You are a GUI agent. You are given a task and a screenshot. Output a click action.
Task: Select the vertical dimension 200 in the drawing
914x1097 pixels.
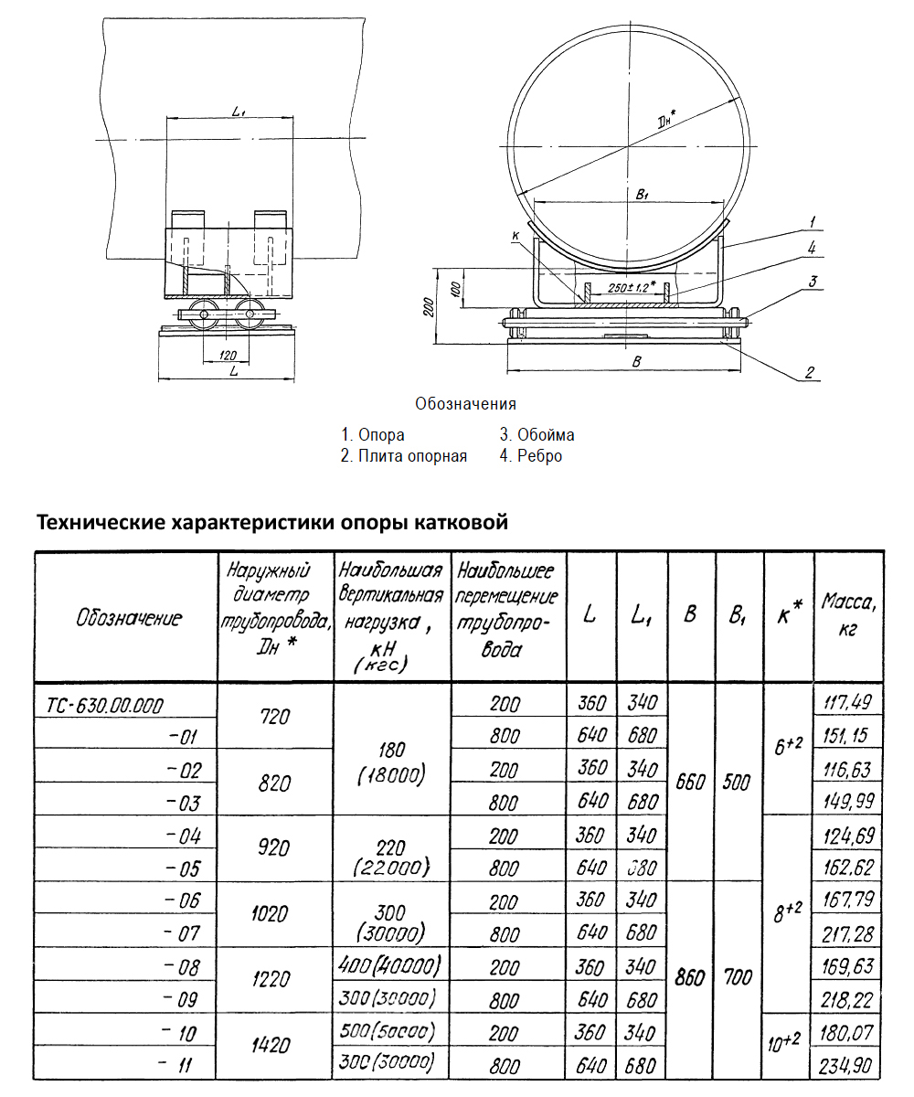pos(429,307)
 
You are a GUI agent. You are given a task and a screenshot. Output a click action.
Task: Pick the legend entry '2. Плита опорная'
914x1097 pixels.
pos(403,456)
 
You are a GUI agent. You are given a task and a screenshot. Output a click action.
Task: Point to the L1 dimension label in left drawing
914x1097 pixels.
pos(239,112)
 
